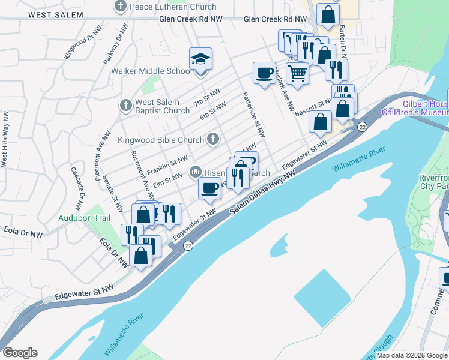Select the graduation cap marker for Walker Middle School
201,59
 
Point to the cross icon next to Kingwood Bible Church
212,140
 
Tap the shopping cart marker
297,74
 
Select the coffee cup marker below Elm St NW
209,188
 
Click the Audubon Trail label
85,218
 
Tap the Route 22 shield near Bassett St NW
362,127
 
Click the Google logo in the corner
20,353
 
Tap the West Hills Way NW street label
5,139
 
